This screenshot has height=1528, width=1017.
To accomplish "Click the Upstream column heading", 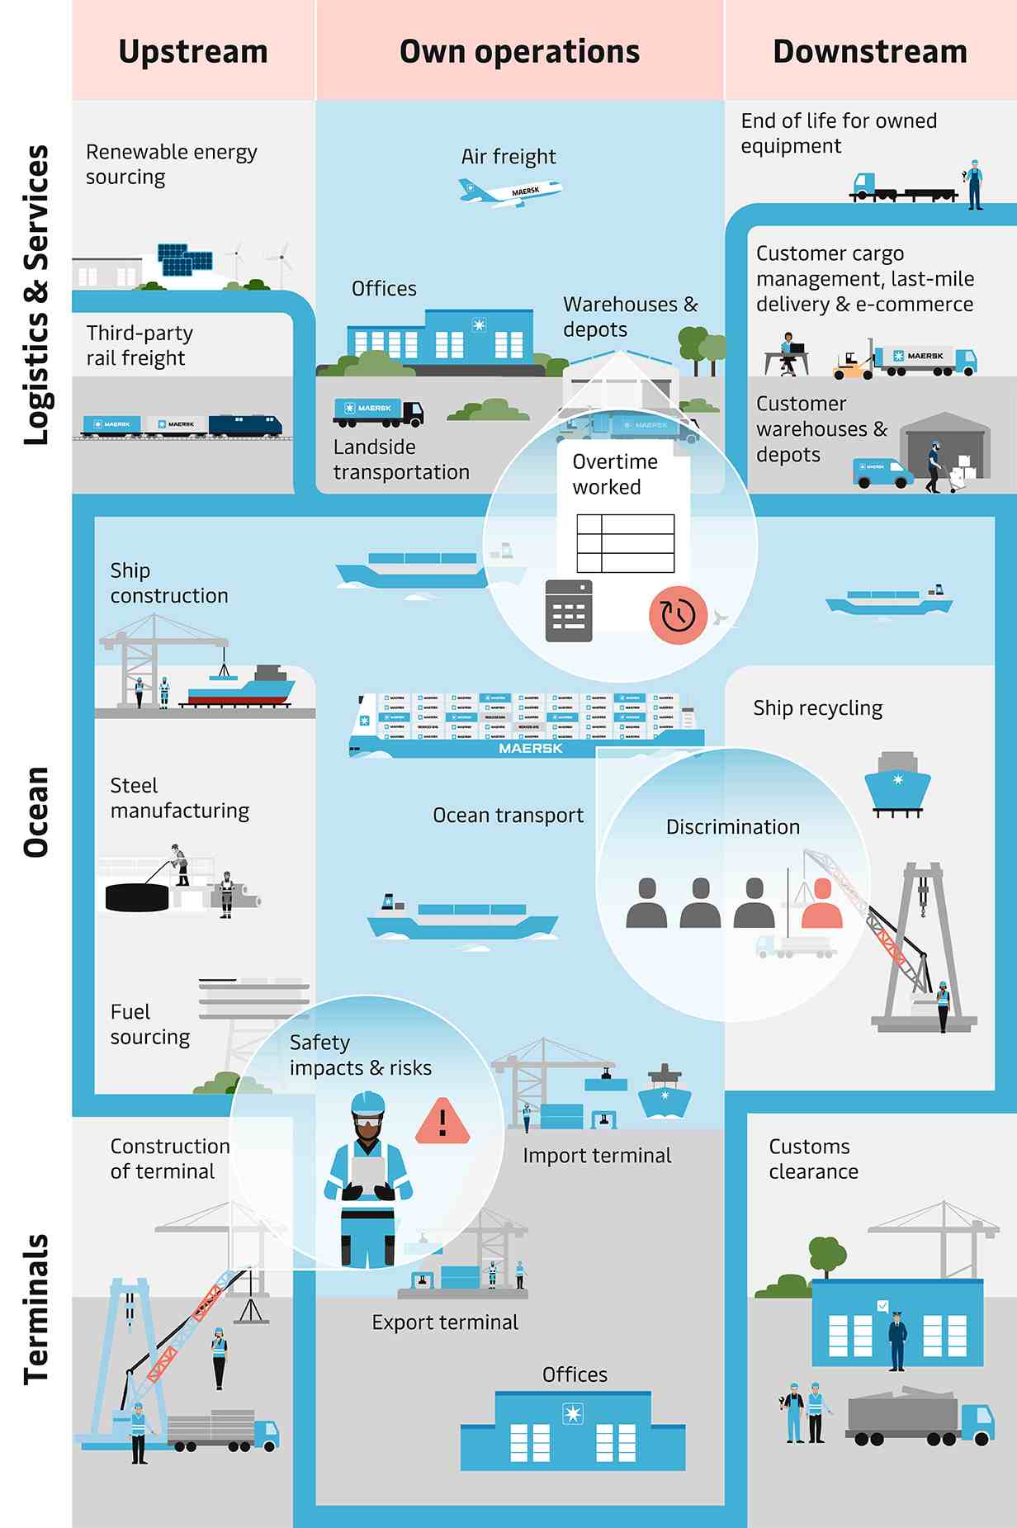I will coord(193,51).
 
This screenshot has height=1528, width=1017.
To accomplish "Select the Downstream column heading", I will coord(870,51).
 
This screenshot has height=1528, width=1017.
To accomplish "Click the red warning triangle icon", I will coord(443,1122).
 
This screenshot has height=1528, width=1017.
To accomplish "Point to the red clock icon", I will coord(678,615).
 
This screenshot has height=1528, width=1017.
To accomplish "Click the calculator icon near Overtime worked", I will coord(569,611).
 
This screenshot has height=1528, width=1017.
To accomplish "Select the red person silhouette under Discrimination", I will coord(822,904).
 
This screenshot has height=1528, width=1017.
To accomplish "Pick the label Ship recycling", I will coord(817,708).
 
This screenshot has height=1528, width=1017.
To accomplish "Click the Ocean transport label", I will coord(508,816).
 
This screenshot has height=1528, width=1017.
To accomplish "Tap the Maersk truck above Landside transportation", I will coord(379,411).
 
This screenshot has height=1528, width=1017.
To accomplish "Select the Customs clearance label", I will coord(813,1159).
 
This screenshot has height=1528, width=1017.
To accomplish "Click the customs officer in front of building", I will coord(897,1341).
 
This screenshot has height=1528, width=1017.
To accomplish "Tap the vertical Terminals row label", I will coord(36,1308).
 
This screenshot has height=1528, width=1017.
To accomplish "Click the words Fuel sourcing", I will coord(150,1024).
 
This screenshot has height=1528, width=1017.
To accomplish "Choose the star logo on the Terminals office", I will coord(572,1413).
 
